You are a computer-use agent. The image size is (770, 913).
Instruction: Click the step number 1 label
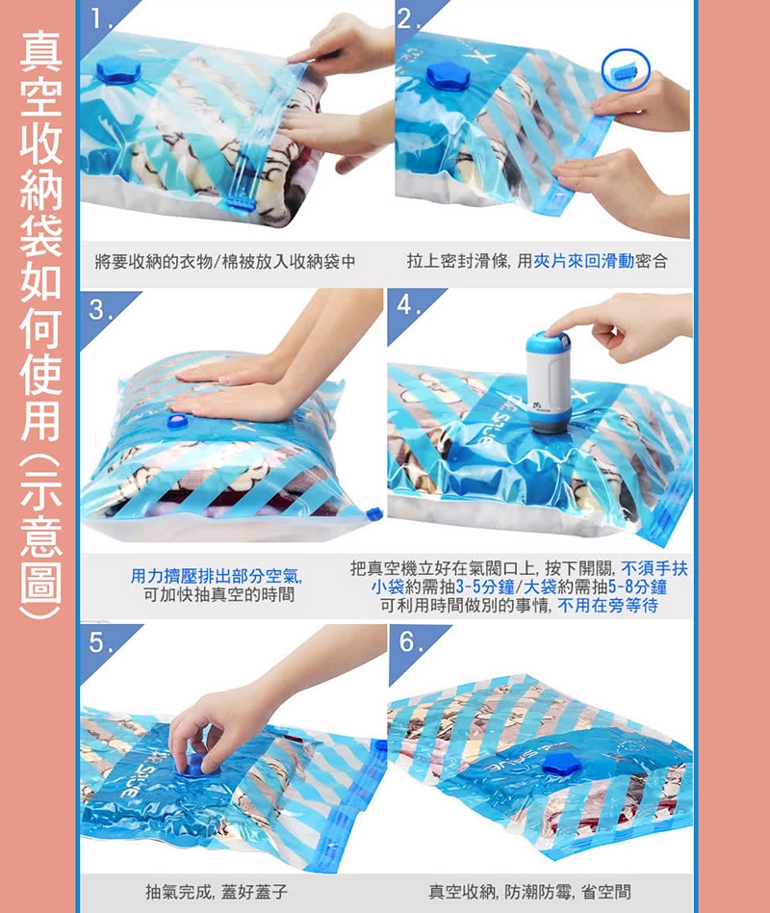tap(101, 20)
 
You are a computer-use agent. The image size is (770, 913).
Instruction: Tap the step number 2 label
tap(409, 20)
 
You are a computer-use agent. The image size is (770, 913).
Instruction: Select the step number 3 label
tap(101, 310)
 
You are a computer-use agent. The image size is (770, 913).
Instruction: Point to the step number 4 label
tap(410, 305)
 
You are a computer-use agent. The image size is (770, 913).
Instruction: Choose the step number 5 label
tap(101, 642)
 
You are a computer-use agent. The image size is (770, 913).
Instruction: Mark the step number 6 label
tap(410, 641)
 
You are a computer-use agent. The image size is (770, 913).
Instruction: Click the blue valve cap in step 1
tap(118, 70)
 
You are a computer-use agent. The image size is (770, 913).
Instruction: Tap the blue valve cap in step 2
tap(449, 76)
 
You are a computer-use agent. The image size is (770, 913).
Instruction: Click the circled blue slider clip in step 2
tap(626, 71)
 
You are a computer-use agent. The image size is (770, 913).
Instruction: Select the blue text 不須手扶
tap(654, 568)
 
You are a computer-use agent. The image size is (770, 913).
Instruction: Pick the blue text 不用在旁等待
tap(607, 606)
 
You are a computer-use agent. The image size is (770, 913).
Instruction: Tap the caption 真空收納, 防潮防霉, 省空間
tap(529, 892)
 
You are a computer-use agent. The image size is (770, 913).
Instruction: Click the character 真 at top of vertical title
tap(40, 51)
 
